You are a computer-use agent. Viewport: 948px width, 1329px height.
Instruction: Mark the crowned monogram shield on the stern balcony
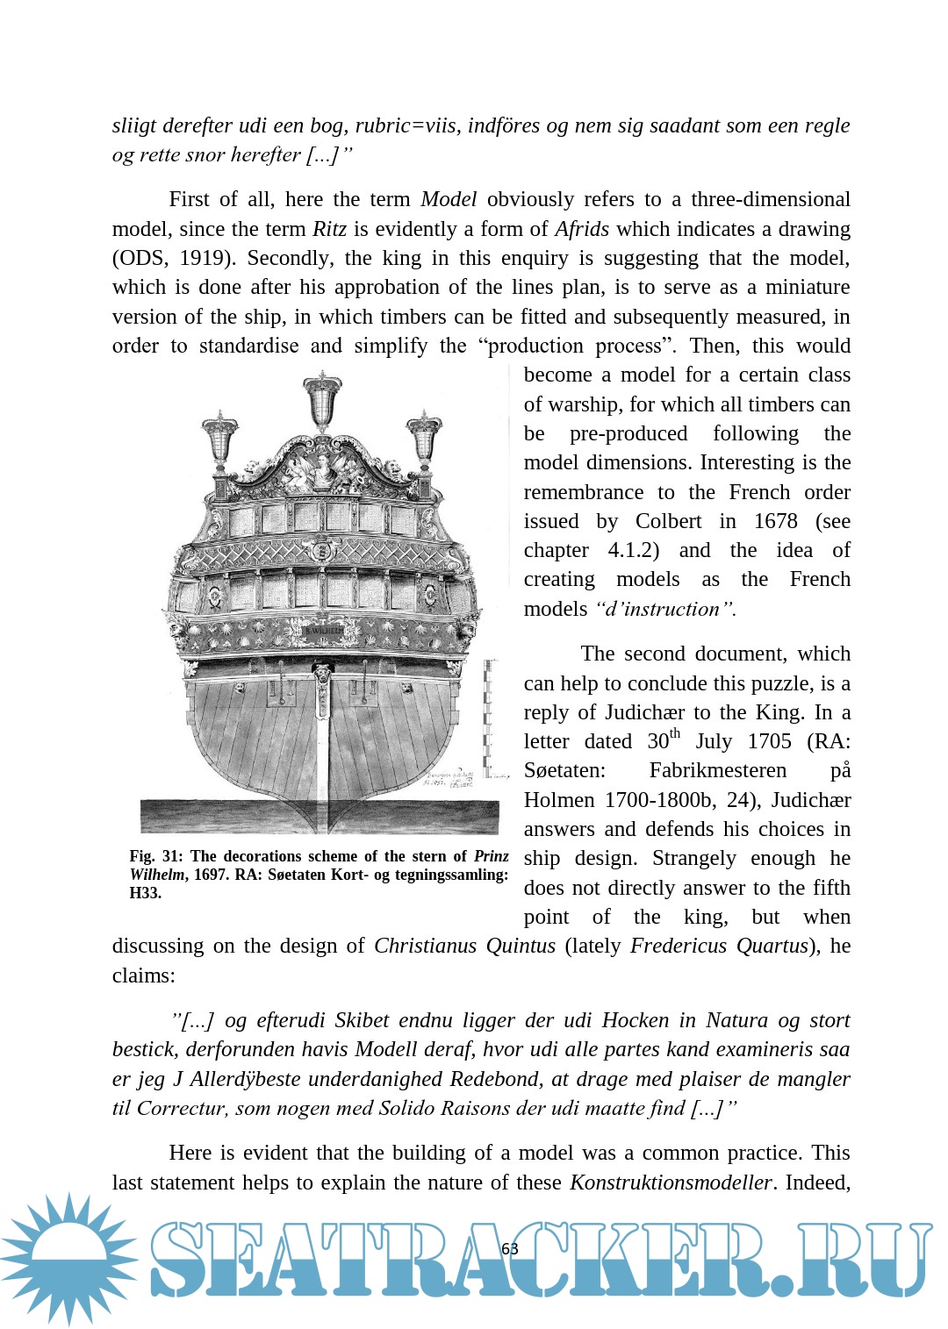322,551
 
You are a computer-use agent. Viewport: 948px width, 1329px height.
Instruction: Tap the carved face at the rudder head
322,674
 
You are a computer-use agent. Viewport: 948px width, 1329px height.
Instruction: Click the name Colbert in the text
668,521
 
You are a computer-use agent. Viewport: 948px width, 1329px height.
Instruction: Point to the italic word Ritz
329,229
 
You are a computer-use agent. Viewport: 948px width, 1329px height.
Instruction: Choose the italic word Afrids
581,229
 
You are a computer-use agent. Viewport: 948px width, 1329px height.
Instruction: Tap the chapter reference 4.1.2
633,550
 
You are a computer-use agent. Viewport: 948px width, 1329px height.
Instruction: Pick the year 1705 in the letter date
769,741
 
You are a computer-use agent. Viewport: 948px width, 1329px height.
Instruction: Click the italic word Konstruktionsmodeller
671,1183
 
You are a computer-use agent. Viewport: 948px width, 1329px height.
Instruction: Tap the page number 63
510,1248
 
